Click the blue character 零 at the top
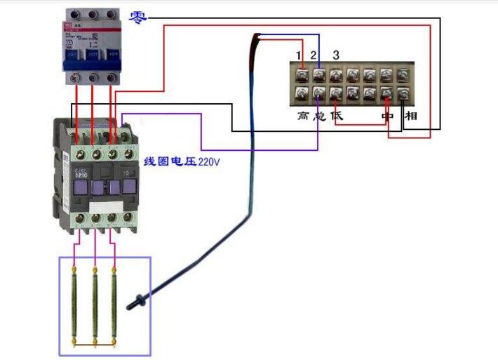click(x=139, y=18)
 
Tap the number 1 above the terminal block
click(x=299, y=55)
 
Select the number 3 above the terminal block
click(x=336, y=55)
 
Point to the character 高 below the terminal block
click(x=302, y=115)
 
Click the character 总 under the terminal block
click(x=319, y=115)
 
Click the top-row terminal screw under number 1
click(x=302, y=74)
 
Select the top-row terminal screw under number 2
click(x=319, y=74)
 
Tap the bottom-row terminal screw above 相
click(x=403, y=93)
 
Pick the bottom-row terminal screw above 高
click(x=302, y=93)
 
